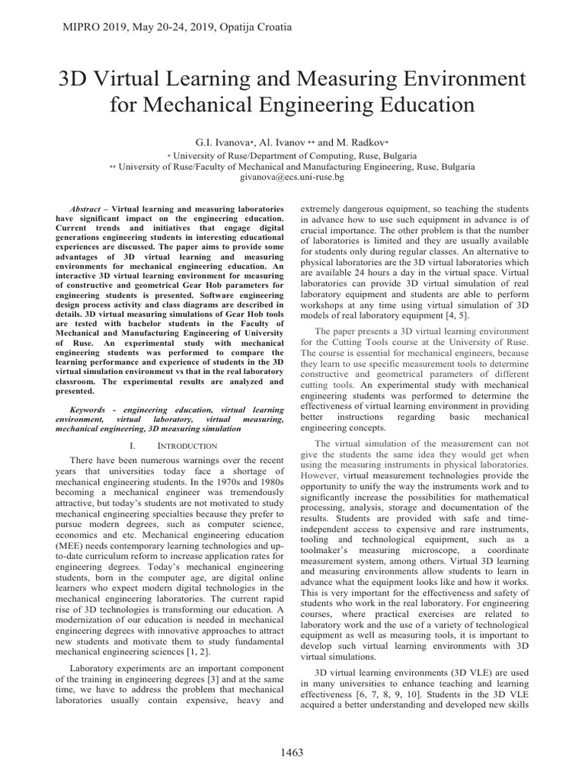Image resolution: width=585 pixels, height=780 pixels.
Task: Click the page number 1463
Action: click(292, 759)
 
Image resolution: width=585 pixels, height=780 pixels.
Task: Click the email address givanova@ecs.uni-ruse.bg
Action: click(292, 176)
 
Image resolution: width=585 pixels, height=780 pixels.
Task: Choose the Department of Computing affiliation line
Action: click(292, 154)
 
